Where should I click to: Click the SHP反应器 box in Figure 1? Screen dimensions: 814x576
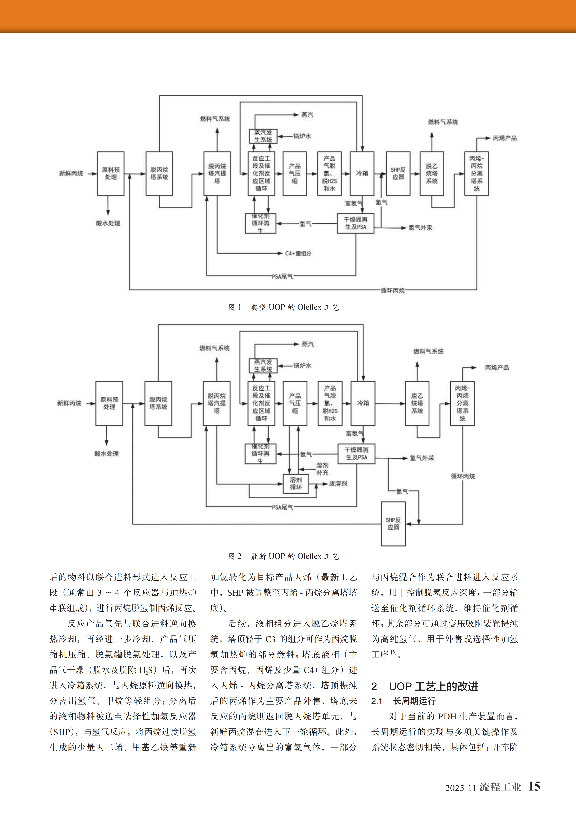pyautogui.click(x=398, y=173)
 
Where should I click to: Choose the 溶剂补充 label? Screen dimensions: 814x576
pyautogui.click(x=322, y=469)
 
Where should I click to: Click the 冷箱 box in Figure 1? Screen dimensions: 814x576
pyautogui.click(x=362, y=173)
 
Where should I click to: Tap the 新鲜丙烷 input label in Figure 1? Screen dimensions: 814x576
pyautogui.click(x=71, y=173)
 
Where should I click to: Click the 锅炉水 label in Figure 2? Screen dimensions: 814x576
pyautogui.click(x=302, y=366)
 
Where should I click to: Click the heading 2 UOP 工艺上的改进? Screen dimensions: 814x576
pyautogui.click(x=425, y=686)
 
